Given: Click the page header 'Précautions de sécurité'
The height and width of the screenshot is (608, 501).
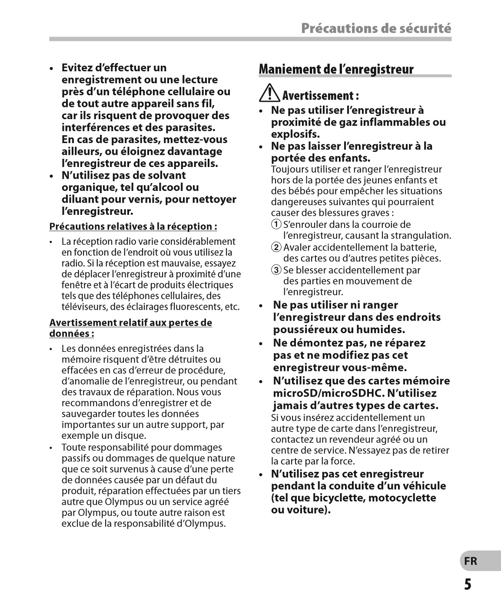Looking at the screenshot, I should [376, 29].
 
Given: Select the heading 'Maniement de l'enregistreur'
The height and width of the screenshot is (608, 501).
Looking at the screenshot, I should [336, 69].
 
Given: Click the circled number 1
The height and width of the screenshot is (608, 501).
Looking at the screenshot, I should [276, 225].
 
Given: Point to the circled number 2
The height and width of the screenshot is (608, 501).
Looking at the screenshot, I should [276, 248].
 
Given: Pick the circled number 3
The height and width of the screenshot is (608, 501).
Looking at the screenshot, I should [276, 270].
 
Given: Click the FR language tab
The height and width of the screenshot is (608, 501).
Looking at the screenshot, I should [470, 561].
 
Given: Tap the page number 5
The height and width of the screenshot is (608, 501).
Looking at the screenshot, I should [468, 584].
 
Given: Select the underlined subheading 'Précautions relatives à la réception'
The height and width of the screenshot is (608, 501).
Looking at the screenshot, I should [133, 227].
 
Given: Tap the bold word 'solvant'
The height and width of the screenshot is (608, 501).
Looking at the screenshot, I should [167, 176].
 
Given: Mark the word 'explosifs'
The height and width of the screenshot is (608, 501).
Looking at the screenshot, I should [295, 134].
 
